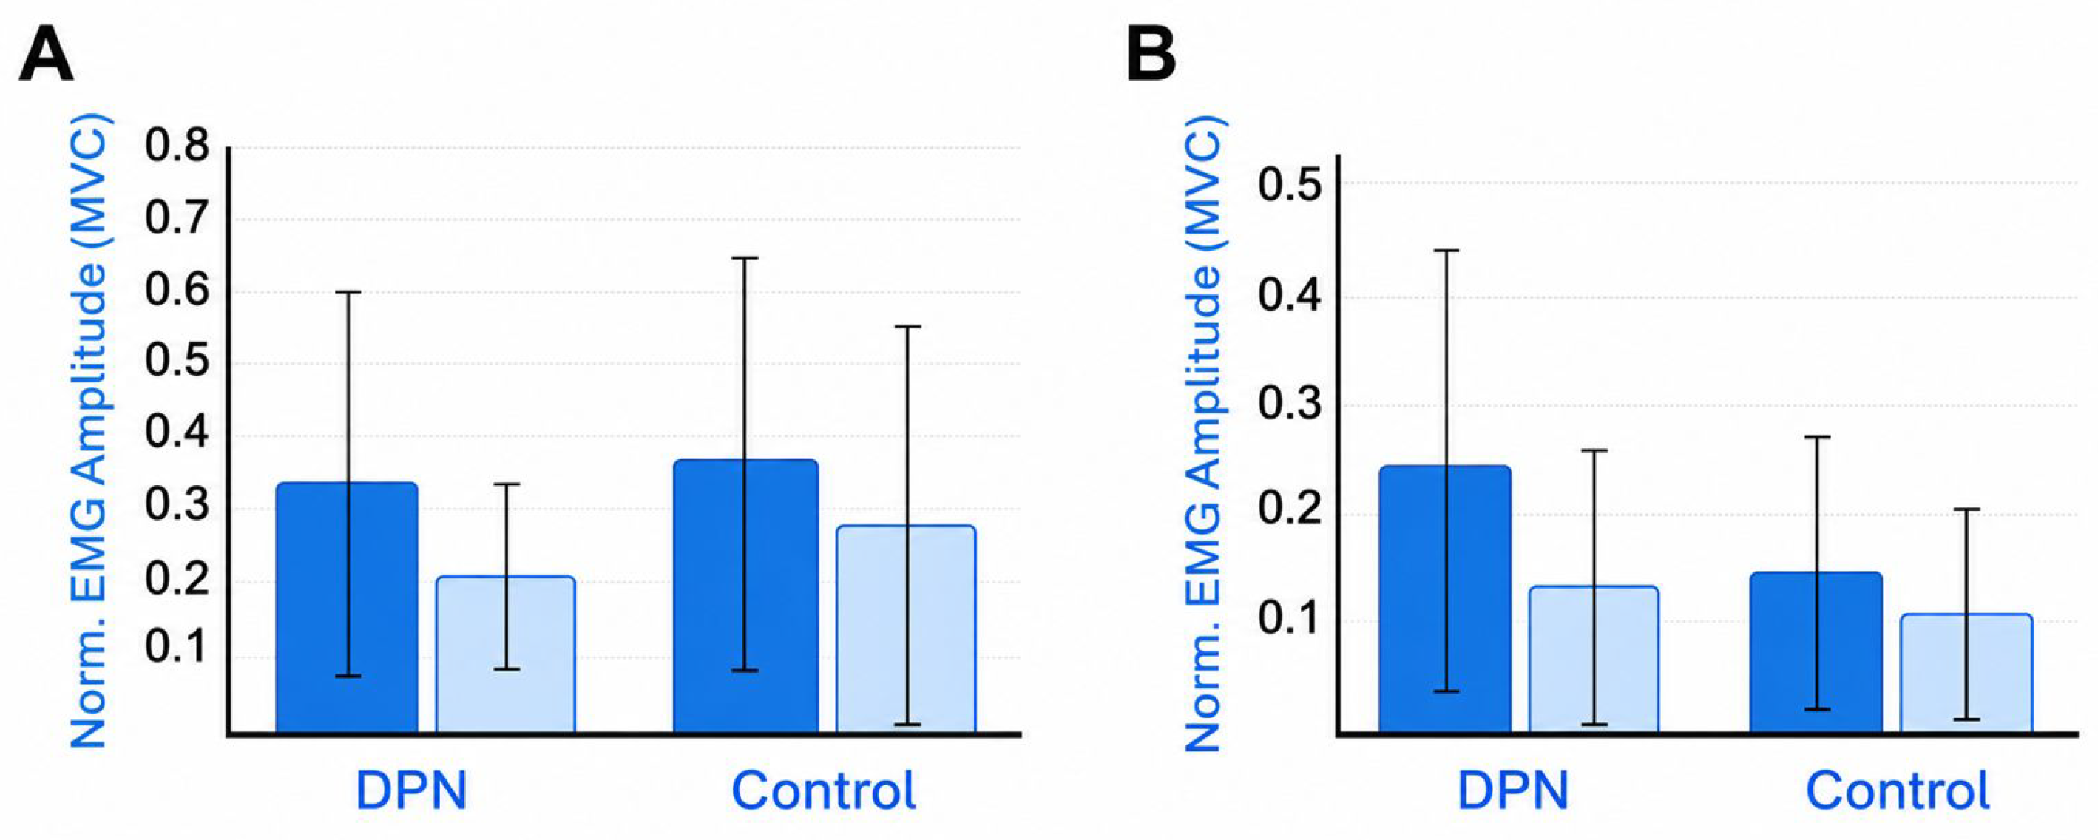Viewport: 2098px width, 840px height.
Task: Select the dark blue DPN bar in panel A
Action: click(347, 608)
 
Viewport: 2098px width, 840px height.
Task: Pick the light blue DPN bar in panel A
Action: click(506, 655)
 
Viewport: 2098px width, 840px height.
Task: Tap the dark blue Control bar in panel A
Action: click(745, 597)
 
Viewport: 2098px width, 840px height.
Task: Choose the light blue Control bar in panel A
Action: click(906, 629)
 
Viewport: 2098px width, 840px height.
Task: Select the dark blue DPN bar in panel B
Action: click(1445, 600)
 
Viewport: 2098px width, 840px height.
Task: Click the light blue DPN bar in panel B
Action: click(1593, 660)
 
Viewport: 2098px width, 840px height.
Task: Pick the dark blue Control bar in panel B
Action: click(1816, 653)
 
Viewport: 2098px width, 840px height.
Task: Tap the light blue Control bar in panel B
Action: click(1966, 674)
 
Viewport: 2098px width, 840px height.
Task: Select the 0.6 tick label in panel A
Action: click(177, 291)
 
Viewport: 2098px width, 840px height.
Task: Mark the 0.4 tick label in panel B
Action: click(1289, 295)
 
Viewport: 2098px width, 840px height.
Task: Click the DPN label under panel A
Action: click(411, 790)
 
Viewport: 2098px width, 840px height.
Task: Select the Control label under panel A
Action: click(823, 790)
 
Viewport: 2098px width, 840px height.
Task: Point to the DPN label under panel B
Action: click(1512, 790)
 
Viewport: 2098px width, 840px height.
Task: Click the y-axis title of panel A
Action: click(88, 432)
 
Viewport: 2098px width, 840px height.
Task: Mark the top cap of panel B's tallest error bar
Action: click(1446, 250)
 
